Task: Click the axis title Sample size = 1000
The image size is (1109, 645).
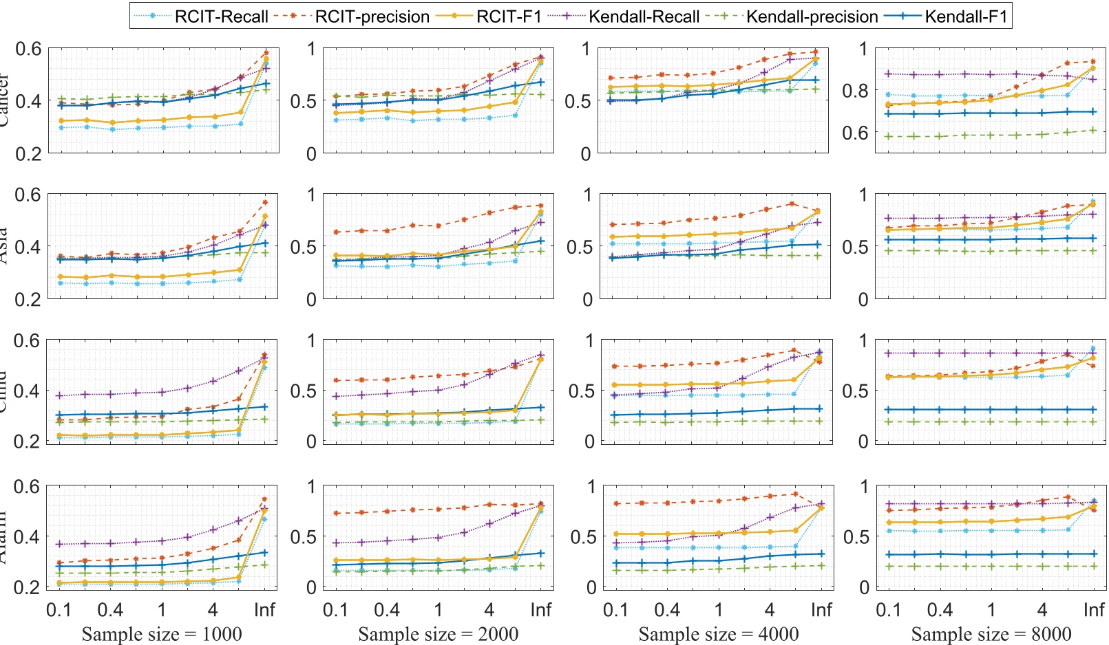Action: pos(162,634)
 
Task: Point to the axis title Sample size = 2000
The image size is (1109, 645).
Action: pos(439,634)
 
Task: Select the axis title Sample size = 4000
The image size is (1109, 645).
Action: pos(719,634)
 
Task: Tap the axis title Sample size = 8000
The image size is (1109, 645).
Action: pos(991,634)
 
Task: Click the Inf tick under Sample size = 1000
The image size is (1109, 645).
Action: pos(264,610)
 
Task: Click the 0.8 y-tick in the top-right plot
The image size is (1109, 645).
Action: pos(855,91)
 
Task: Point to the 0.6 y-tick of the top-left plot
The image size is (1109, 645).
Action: pos(28,49)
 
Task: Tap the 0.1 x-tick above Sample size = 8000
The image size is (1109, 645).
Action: pos(889,610)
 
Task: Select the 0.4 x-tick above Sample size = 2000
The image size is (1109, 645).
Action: pos(387,610)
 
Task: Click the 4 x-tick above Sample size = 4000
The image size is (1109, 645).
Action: pos(770,610)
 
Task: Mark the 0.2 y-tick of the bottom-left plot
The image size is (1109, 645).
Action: pos(28,587)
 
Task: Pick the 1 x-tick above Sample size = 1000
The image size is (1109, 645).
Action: pos(162,610)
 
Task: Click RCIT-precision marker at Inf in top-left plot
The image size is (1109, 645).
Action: pos(266,53)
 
